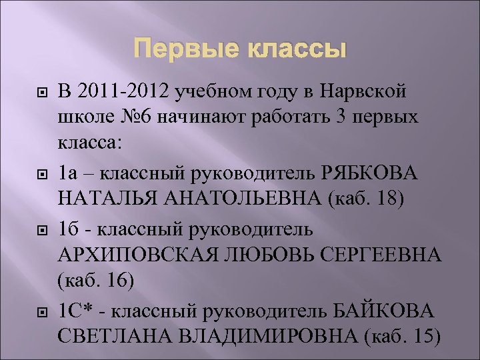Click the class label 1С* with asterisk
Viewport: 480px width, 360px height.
(75, 311)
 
